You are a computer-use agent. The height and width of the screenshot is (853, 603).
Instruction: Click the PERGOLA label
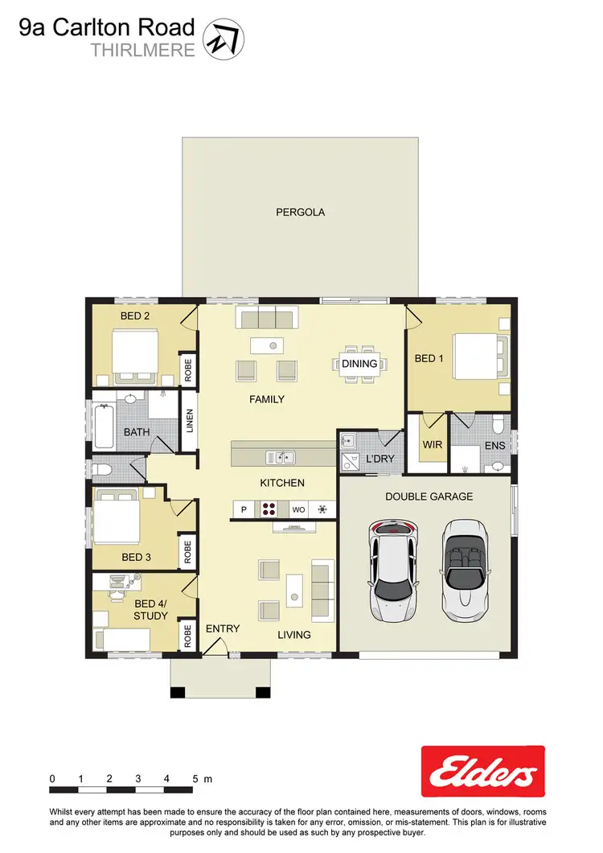click(300, 212)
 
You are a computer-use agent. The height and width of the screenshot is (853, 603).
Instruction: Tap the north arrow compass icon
click(224, 38)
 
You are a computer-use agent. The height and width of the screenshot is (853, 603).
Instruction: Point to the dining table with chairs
click(359, 363)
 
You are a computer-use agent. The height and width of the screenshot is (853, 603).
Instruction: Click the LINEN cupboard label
click(190, 420)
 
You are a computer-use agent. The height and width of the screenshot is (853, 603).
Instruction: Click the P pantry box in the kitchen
click(244, 509)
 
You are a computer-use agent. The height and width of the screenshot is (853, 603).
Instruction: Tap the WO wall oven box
click(297, 509)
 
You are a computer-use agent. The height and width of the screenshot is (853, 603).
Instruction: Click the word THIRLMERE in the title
click(143, 50)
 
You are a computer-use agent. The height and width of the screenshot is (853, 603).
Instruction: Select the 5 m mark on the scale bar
click(195, 779)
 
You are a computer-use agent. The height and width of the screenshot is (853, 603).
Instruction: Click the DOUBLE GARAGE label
click(429, 497)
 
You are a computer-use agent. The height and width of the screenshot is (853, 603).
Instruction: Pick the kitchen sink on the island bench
click(281, 458)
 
